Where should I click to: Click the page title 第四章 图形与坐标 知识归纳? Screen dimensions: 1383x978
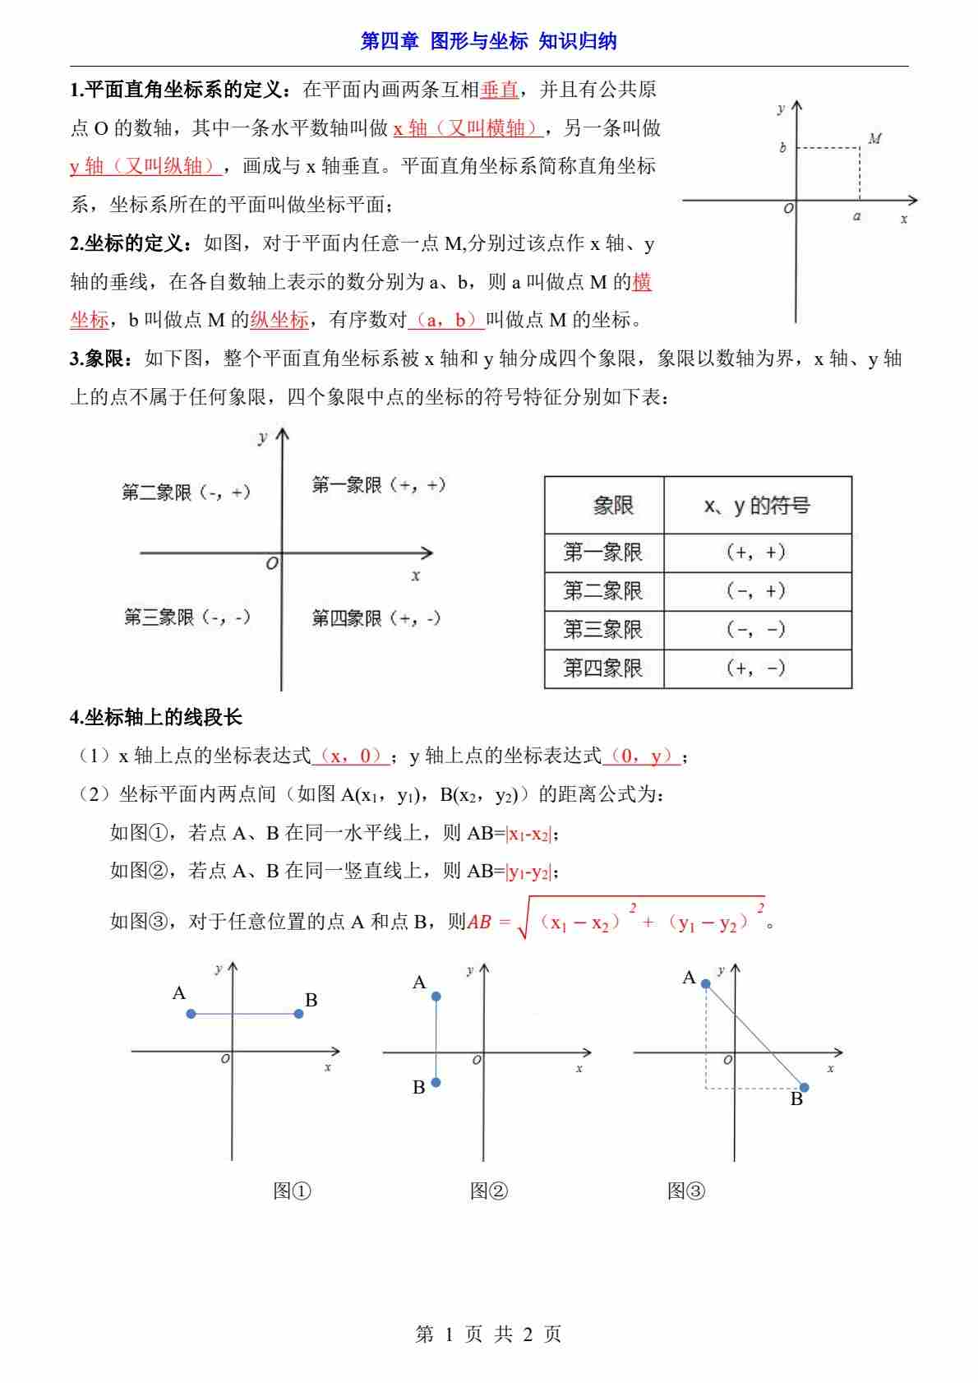(x=488, y=41)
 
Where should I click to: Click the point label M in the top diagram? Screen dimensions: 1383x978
(x=874, y=139)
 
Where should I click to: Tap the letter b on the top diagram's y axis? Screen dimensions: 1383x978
(x=782, y=148)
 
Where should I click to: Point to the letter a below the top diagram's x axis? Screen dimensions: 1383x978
(x=857, y=217)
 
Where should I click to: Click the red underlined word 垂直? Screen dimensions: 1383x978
(x=499, y=90)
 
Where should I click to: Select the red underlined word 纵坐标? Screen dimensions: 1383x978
(x=279, y=320)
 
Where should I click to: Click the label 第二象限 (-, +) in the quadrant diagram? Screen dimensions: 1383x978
(x=186, y=493)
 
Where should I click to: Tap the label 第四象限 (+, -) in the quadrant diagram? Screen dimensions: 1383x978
(x=376, y=617)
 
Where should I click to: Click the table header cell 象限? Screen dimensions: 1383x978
(x=613, y=506)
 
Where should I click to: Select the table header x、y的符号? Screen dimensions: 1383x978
(x=757, y=506)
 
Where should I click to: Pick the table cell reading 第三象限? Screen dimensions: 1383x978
(x=603, y=629)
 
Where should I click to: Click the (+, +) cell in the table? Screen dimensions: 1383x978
(x=756, y=553)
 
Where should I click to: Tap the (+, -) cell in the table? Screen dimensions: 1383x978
(x=756, y=668)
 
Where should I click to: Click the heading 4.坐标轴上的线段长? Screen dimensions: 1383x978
(x=156, y=717)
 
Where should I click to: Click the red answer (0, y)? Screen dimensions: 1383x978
(x=641, y=756)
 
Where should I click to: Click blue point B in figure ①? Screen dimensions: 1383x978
(x=298, y=1014)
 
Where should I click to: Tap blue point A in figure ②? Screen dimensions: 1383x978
(x=436, y=997)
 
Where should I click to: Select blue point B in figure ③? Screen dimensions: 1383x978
(x=805, y=1088)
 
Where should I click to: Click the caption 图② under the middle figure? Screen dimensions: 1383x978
(x=489, y=1191)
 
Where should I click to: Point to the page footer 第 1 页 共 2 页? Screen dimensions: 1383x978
(x=488, y=1334)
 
